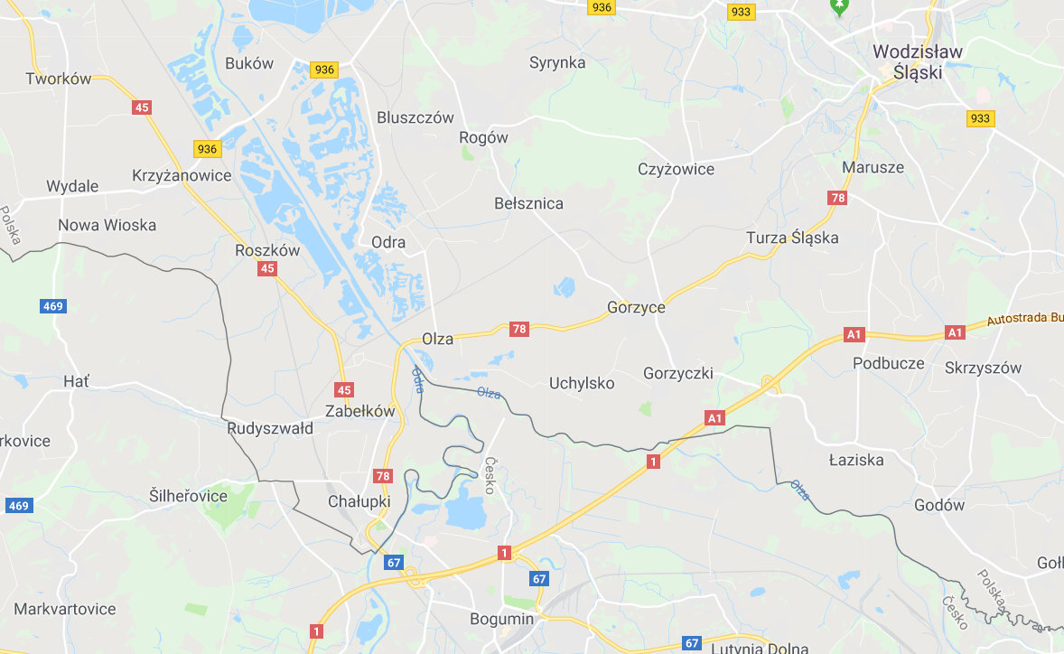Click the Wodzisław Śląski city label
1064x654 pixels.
(x=919, y=62)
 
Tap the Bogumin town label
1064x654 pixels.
(x=501, y=619)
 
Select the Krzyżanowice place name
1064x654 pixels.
(x=182, y=175)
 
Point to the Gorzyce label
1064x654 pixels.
(x=636, y=307)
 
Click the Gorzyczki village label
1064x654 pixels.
(x=677, y=373)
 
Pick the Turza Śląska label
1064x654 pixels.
(x=792, y=238)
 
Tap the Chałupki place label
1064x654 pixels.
(x=359, y=501)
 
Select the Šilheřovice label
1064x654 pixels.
(x=188, y=496)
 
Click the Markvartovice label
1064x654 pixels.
(x=65, y=609)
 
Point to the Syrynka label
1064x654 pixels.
(x=557, y=62)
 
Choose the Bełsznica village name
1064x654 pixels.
(x=528, y=203)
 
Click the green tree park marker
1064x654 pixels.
(x=840, y=7)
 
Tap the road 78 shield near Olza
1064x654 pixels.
(x=518, y=329)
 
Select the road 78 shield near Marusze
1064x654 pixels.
(x=837, y=198)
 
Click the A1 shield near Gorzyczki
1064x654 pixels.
(x=714, y=417)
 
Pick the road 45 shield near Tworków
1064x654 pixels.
(x=141, y=107)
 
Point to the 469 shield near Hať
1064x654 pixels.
(x=52, y=306)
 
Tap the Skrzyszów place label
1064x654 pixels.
(x=983, y=368)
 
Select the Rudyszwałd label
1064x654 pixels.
(x=270, y=428)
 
